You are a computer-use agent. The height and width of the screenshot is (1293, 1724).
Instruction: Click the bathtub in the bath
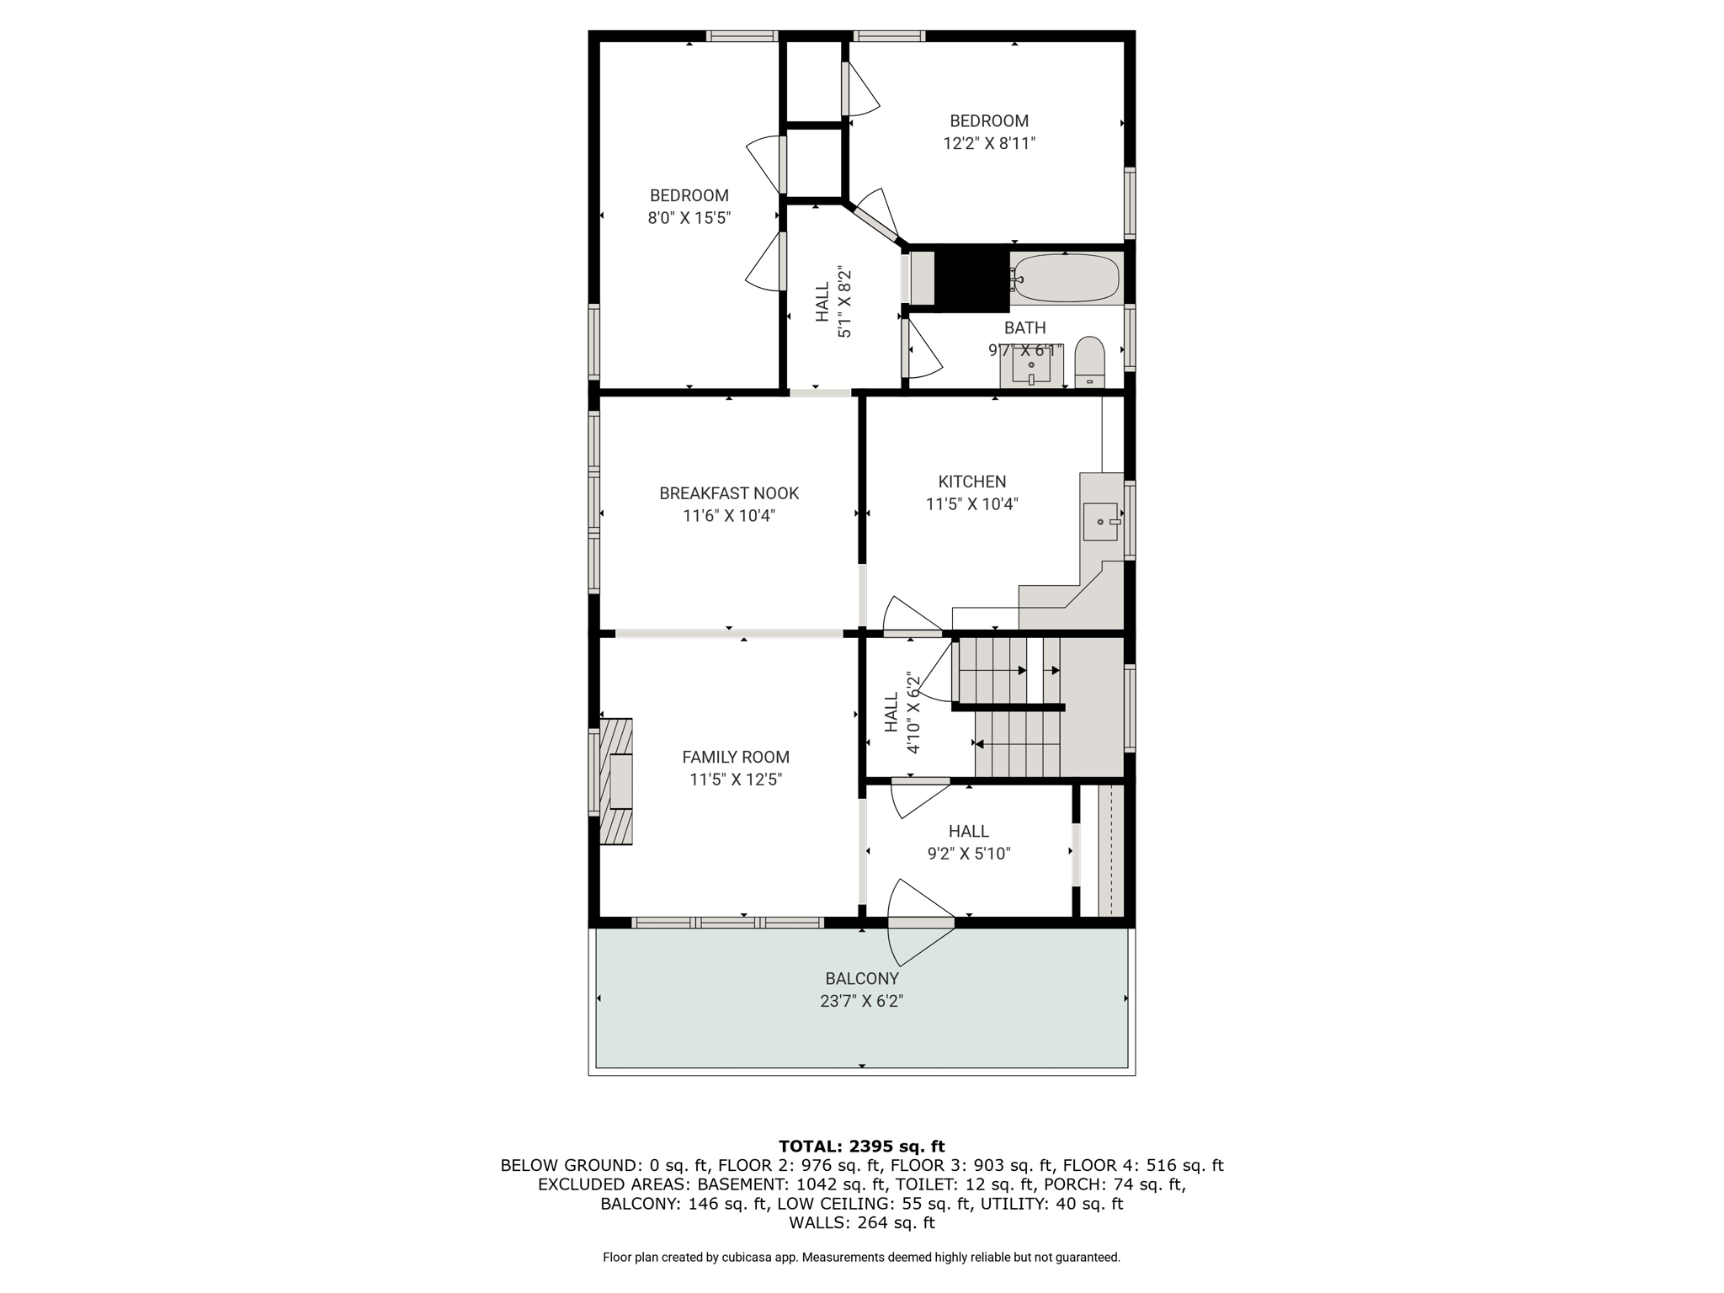click(x=1067, y=278)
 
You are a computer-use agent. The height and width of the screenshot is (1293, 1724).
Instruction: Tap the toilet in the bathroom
click(x=1089, y=363)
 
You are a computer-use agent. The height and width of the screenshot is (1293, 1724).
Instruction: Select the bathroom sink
click(x=1031, y=366)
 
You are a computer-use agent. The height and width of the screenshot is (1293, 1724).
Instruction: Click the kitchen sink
click(x=1100, y=521)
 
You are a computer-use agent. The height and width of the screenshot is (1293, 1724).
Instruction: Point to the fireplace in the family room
click(x=615, y=781)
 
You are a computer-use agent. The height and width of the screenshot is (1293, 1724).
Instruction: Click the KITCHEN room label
click(x=972, y=482)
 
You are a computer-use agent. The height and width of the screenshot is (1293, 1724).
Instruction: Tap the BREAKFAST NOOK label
click(x=729, y=493)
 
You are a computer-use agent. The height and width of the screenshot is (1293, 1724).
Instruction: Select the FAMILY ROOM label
click(x=736, y=757)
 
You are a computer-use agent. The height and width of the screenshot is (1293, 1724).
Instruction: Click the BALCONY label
click(x=862, y=978)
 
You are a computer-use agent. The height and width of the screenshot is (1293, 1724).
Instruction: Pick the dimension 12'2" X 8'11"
click(x=989, y=143)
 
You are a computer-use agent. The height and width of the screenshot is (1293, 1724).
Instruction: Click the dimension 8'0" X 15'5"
click(x=689, y=218)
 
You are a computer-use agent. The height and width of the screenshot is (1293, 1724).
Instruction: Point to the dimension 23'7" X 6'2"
click(x=862, y=1001)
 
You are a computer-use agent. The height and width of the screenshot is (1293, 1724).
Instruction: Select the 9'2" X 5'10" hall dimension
click(x=969, y=854)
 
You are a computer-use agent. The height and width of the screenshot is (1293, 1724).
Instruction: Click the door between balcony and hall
click(x=922, y=923)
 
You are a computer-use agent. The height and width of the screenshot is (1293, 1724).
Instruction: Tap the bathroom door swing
click(x=922, y=347)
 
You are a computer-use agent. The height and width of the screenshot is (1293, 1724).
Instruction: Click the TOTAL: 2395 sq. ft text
click(x=862, y=1146)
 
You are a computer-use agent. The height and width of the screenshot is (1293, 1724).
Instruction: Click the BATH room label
click(x=1025, y=327)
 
